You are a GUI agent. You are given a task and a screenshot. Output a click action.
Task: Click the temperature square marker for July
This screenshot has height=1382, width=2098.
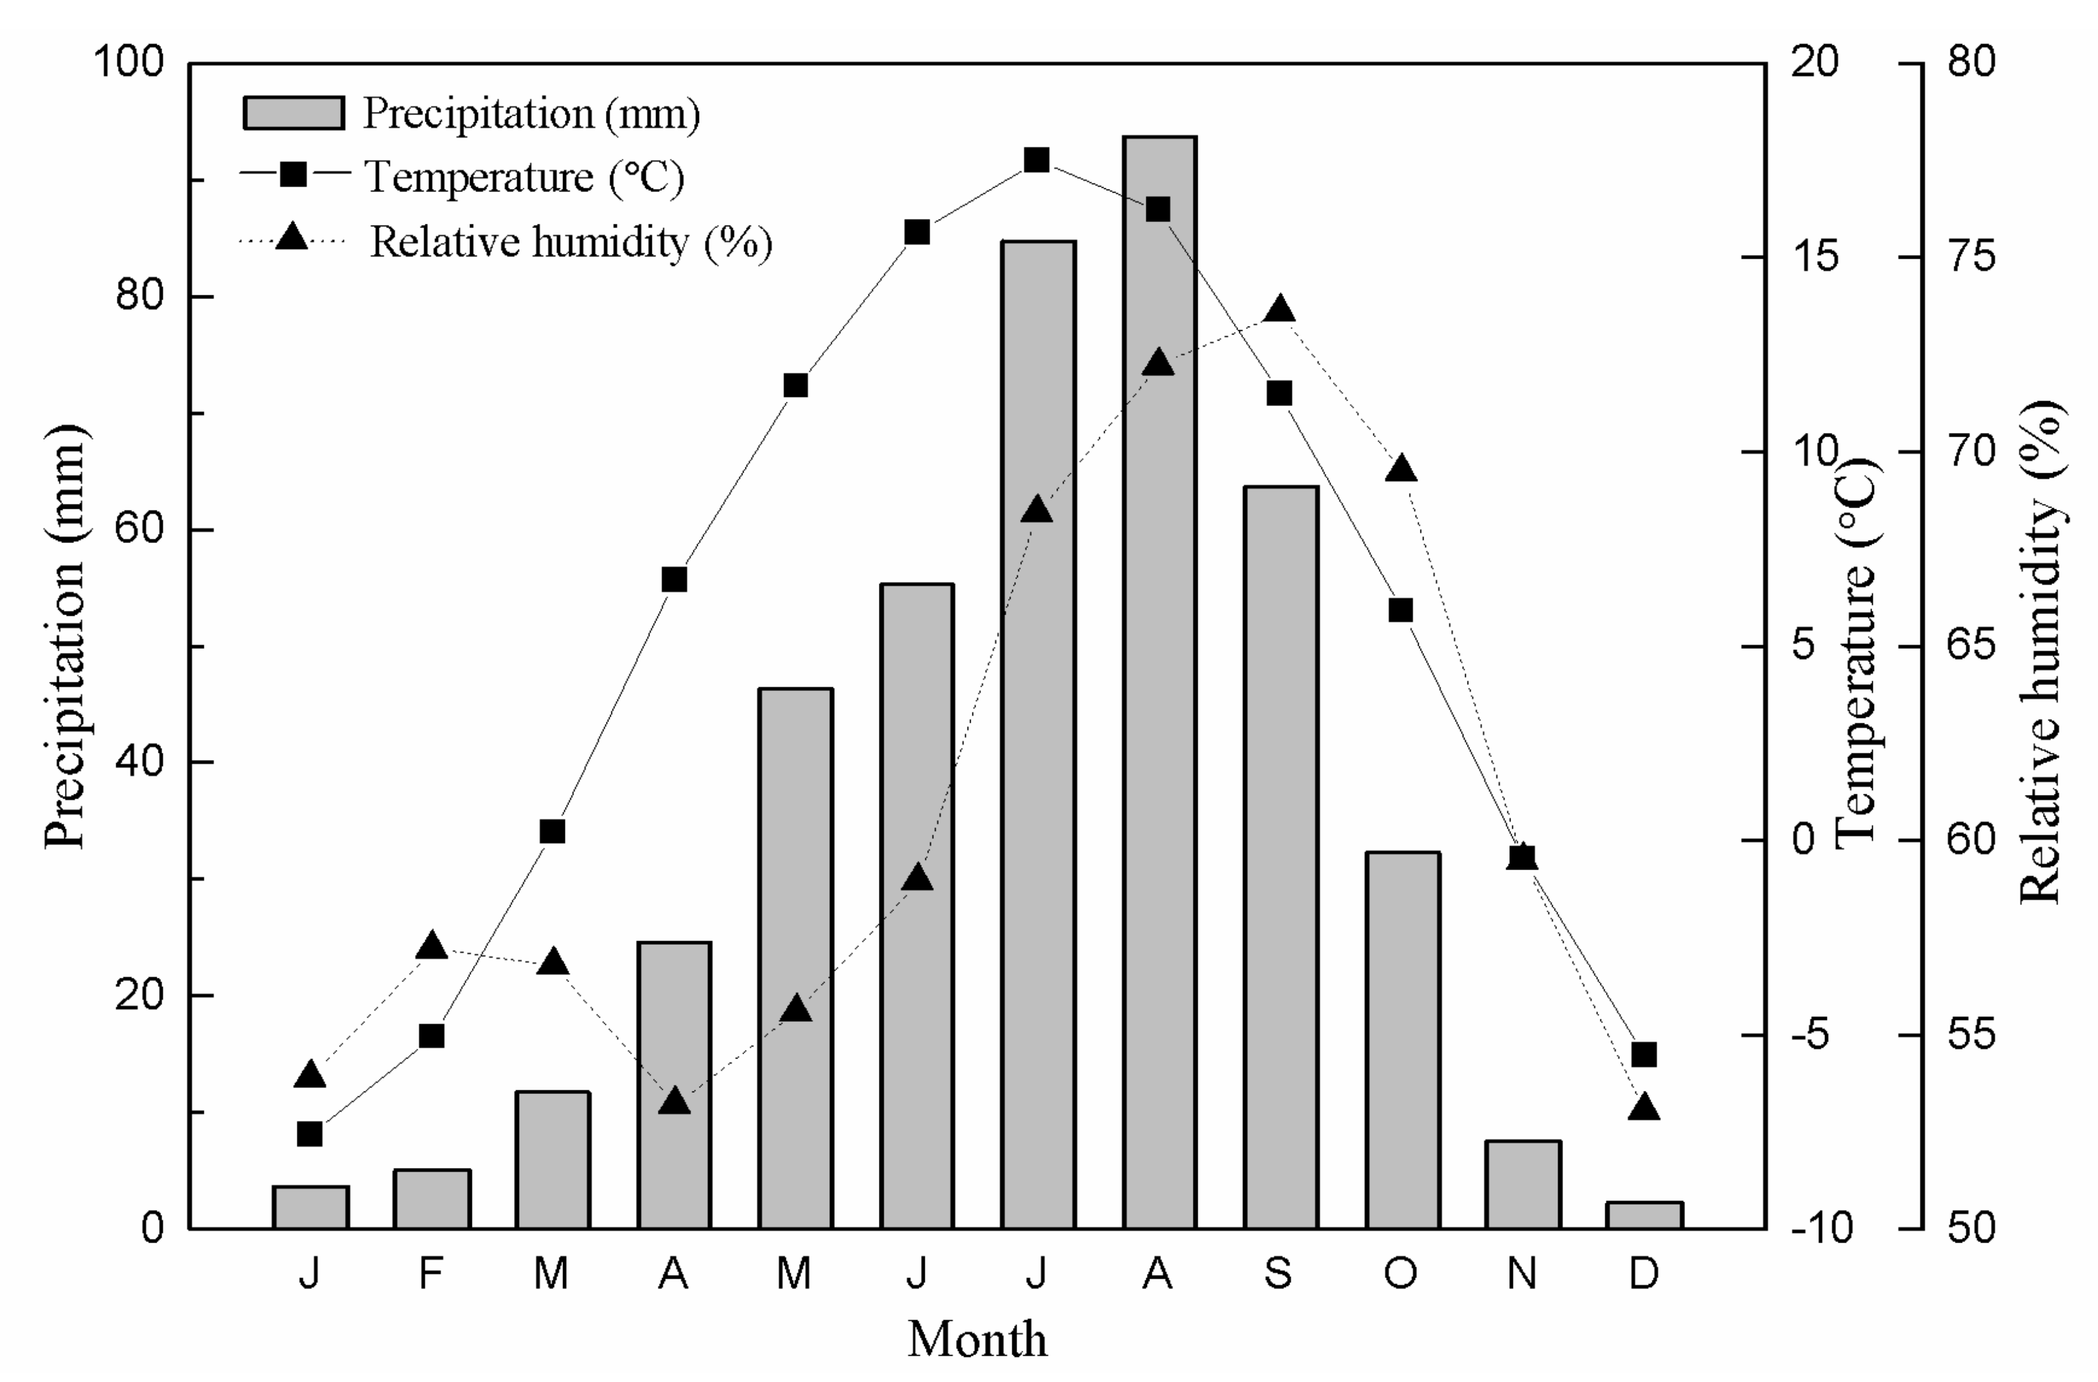(1037, 160)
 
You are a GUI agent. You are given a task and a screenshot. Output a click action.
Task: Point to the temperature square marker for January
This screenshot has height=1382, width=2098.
(310, 1134)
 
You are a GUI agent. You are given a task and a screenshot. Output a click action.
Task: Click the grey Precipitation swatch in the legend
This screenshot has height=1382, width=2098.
(294, 113)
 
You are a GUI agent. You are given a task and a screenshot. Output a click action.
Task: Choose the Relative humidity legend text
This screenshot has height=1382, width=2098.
(570, 242)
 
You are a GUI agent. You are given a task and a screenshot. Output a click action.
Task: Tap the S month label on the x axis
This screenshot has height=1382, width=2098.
(1279, 1273)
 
